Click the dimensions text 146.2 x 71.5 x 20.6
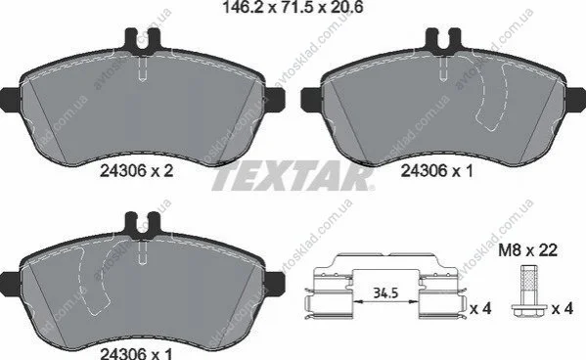coord(293,7)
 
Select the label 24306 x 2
coord(136,171)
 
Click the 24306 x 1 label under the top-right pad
coord(437,171)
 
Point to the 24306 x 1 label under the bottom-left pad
coord(136,353)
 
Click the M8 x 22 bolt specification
coord(528,250)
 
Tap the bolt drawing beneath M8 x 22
coord(528,292)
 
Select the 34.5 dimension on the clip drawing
coord(386,293)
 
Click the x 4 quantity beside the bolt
coord(563,309)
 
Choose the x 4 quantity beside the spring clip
coord(480,309)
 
